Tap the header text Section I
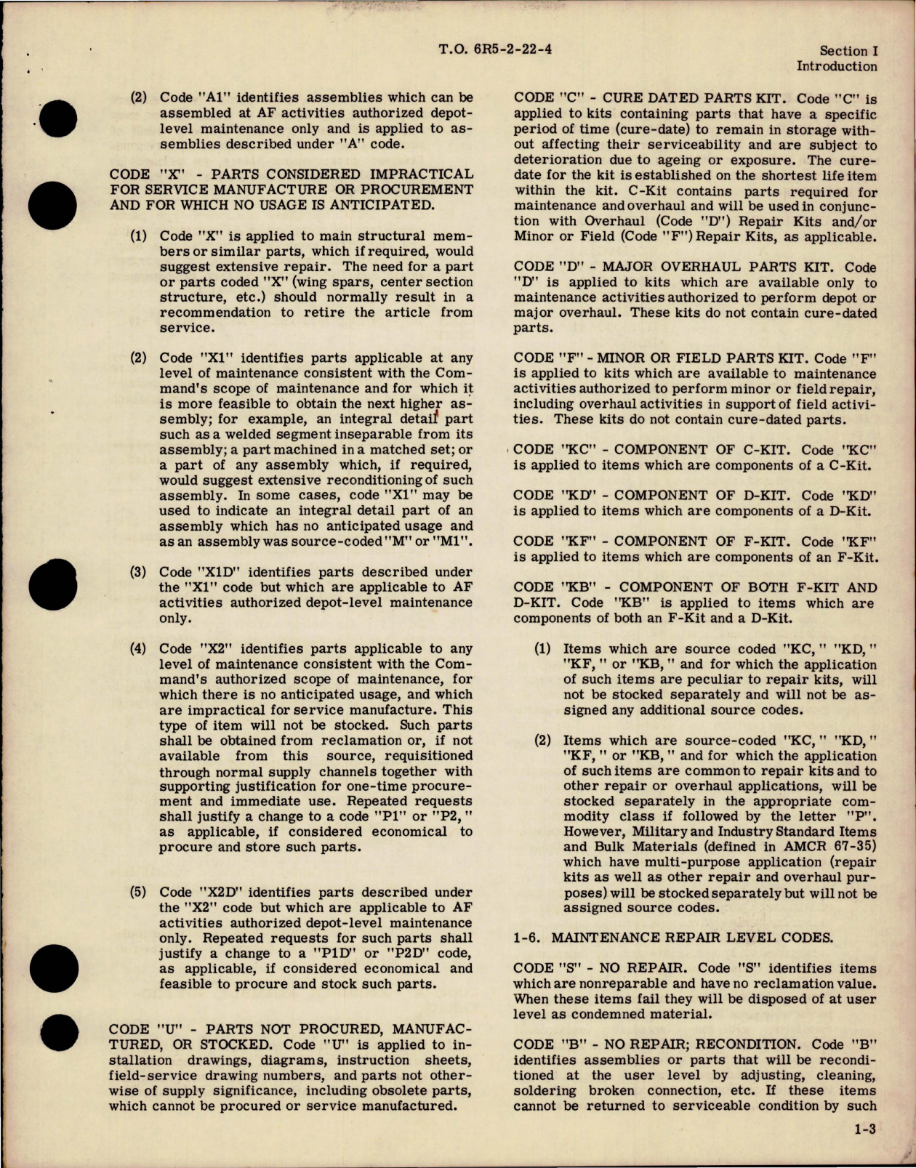pos(848,51)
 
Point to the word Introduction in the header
pos(837,66)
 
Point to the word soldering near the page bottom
pos(542,1091)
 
